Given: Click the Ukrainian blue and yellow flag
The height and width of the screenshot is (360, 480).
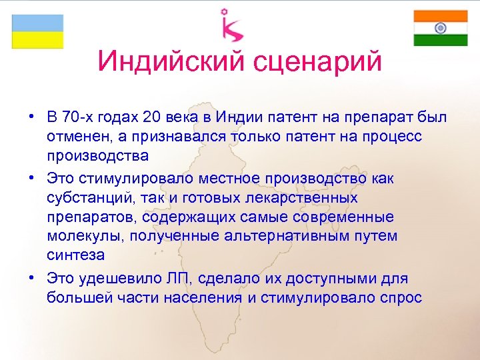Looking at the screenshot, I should tap(38, 31).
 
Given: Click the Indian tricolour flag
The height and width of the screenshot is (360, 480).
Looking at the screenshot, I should tap(440, 28).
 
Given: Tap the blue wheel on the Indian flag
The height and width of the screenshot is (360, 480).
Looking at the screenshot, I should tap(440, 28).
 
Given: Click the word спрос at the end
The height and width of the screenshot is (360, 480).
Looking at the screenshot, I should tap(400, 297).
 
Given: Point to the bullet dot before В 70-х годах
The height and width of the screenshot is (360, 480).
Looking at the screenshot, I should tap(31, 118).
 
